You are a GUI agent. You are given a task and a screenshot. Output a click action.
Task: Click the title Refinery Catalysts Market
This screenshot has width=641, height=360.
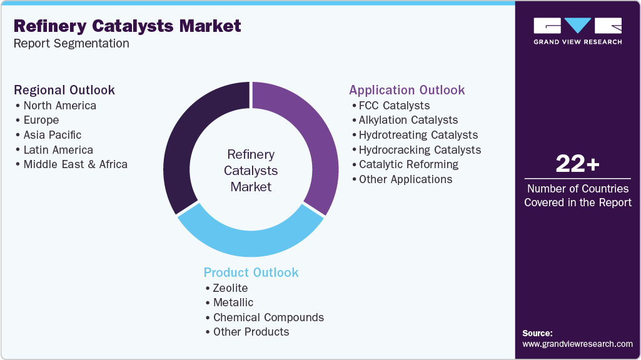point(127,26)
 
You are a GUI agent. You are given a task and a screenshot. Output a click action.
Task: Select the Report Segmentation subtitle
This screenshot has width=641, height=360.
point(71,44)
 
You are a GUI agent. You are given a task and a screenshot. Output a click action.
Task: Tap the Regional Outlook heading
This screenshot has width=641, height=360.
point(64,90)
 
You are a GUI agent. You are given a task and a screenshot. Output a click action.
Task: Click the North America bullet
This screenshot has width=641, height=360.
point(59,106)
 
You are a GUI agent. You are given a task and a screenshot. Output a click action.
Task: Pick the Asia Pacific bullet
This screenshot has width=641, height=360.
point(52,135)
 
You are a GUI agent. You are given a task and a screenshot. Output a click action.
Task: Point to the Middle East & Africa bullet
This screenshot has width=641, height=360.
point(75,164)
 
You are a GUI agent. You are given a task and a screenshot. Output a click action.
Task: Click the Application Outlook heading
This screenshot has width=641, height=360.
point(407,90)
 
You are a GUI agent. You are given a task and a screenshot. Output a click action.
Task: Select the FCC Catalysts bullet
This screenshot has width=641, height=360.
point(394,106)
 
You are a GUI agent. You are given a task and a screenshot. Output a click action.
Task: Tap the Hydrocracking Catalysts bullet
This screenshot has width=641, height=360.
point(420,150)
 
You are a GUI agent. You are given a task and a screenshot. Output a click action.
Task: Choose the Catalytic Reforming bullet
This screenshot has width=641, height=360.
point(408,164)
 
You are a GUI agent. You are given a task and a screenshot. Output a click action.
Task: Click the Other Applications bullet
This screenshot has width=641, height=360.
point(405,179)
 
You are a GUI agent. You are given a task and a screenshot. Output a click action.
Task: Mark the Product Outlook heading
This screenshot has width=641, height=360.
point(251,272)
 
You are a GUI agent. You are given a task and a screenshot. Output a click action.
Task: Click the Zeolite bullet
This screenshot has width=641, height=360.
point(230,288)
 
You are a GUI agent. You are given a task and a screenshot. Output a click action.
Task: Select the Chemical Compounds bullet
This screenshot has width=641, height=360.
point(268,317)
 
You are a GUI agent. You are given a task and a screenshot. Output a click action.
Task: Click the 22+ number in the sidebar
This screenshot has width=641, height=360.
point(577,164)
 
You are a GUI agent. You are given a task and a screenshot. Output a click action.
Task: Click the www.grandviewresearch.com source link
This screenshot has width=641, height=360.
point(577,344)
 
